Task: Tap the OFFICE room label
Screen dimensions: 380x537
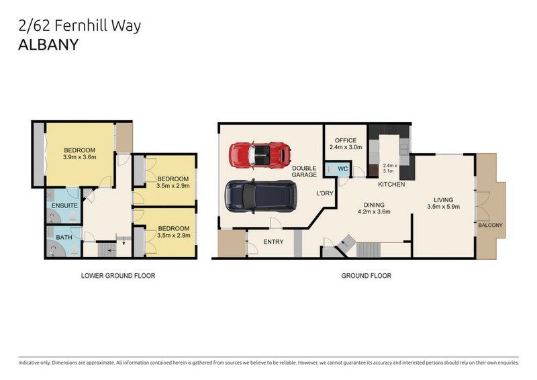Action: click(x=346, y=140)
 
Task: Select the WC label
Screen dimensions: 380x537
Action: click(x=342, y=169)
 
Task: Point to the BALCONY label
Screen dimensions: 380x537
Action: click(x=490, y=226)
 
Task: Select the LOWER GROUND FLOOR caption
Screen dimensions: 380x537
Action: click(x=117, y=275)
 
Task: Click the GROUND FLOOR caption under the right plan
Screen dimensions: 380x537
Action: click(x=367, y=275)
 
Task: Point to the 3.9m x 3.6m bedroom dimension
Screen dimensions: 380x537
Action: click(x=80, y=158)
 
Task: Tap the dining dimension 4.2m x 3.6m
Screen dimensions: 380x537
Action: click(x=373, y=211)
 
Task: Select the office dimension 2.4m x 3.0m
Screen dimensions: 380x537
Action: click(x=346, y=147)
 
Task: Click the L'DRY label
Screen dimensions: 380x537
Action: click(x=325, y=194)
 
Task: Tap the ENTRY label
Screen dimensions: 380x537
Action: click(x=273, y=242)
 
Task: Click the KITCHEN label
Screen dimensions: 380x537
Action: click(x=391, y=184)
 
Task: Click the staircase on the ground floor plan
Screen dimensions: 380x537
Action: click(x=369, y=250)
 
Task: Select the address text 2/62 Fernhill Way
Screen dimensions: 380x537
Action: click(x=78, y=26)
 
